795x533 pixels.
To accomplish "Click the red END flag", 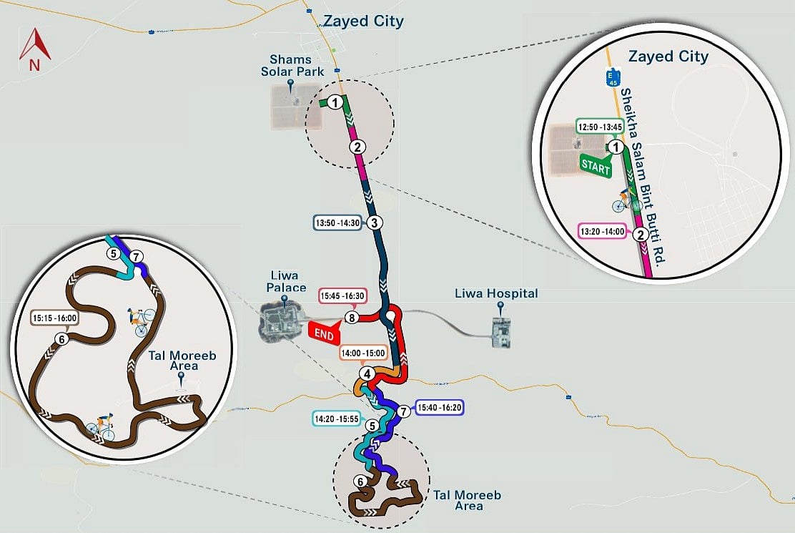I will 325,333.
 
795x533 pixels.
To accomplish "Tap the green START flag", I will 596,165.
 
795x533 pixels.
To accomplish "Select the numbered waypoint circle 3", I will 375,223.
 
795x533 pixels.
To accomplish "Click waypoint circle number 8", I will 351,318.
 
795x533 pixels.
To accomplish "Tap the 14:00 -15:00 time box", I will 364,353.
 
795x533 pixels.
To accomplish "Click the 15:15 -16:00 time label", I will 55,317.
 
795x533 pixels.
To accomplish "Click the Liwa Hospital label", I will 496,294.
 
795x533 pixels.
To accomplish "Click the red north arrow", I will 34,48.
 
